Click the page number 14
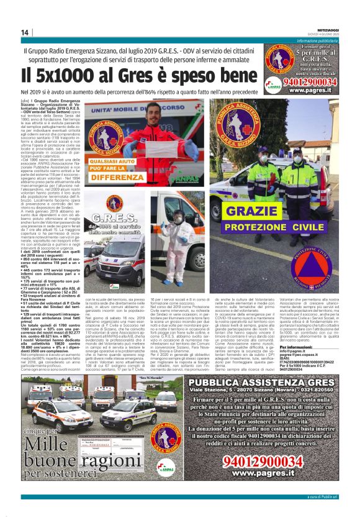pos(25,33)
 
